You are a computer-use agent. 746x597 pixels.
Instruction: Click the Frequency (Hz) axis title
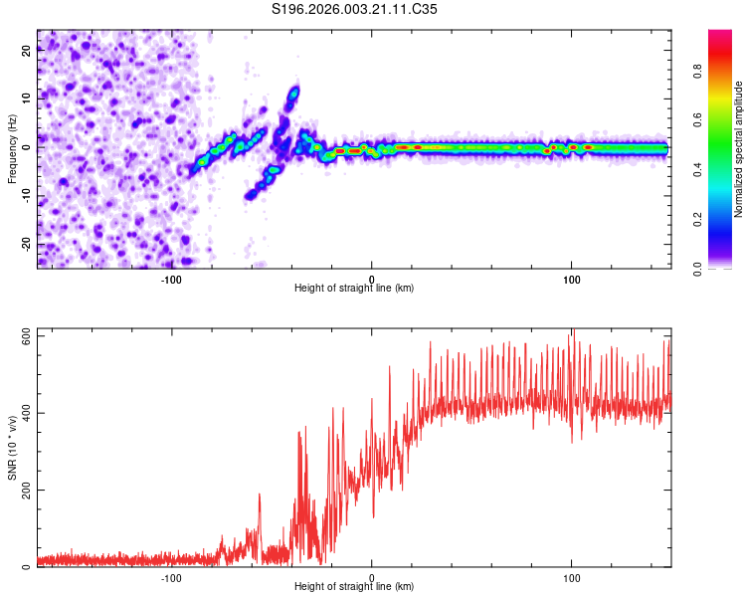[x=13, y=149]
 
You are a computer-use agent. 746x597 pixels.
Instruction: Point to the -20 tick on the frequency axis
[x=27, y=244]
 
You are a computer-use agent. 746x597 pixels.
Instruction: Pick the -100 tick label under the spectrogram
[x=171, y=279]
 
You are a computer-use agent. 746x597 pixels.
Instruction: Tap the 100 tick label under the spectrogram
[x=572, y=279]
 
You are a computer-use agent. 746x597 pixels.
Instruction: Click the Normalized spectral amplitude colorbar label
[x=738, y=149]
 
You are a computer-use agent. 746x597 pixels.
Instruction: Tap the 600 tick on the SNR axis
[x=23, y=336]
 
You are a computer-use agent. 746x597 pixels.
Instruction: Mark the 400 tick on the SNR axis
[x=23, y=413]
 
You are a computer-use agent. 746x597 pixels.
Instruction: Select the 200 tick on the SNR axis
[x=23, y=491]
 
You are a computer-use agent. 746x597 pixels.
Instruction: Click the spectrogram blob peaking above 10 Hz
[x=292, y=97]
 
